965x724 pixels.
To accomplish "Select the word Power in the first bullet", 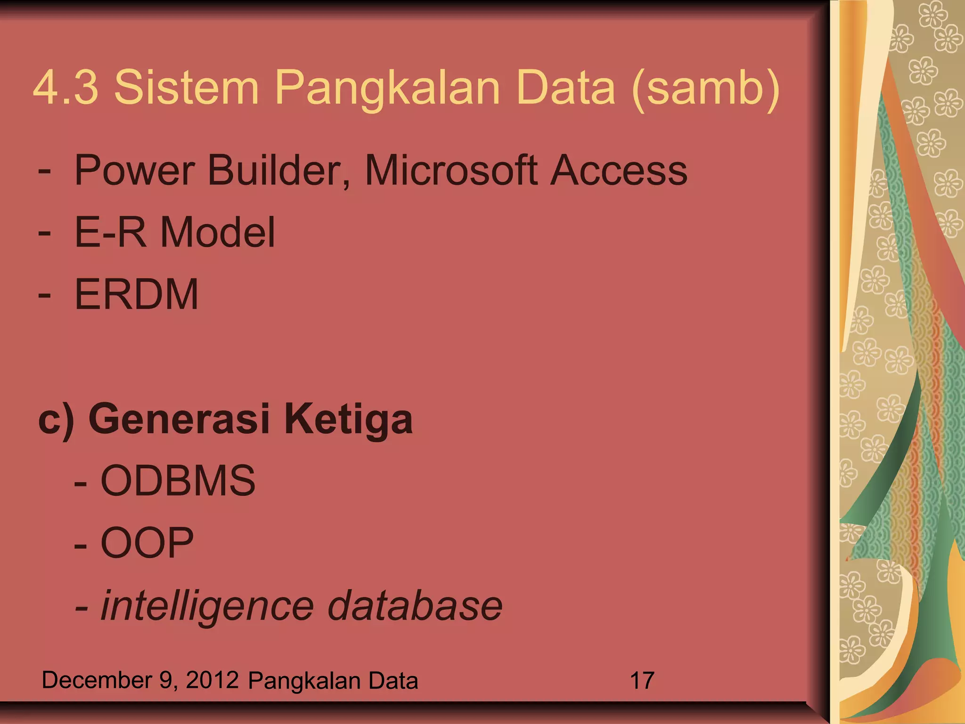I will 135,170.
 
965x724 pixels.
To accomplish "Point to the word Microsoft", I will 451,170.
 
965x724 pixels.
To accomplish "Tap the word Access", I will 619,170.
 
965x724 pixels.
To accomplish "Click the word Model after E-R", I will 218,232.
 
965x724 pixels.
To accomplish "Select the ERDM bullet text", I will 137,294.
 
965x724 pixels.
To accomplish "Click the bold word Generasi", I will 179,419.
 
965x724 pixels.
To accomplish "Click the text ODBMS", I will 178,481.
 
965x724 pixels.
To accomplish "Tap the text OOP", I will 147,543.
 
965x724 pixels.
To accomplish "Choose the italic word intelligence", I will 207,606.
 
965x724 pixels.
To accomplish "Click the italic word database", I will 415,605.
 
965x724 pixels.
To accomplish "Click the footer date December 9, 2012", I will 140,680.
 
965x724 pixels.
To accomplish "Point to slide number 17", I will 642,681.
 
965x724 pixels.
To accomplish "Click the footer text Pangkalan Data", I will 333,681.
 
